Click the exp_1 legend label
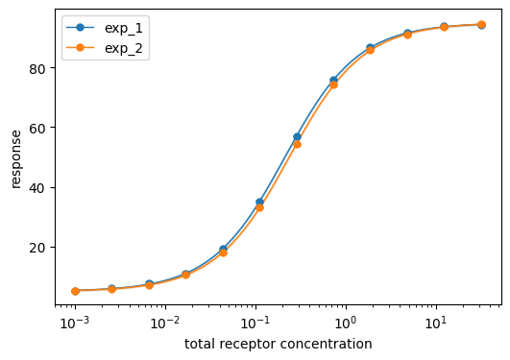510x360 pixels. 124,29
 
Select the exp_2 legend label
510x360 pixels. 124,48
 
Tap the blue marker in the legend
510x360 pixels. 80,28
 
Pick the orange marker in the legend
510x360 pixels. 80,47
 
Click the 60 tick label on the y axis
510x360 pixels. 37,128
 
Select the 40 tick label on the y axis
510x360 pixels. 37,188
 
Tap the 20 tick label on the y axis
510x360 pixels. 37,248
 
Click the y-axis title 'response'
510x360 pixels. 15,159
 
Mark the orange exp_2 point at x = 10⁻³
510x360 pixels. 76,292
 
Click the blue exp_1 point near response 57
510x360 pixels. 297,137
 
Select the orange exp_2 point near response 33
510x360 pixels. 259,207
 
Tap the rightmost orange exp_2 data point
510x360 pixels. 482,24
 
